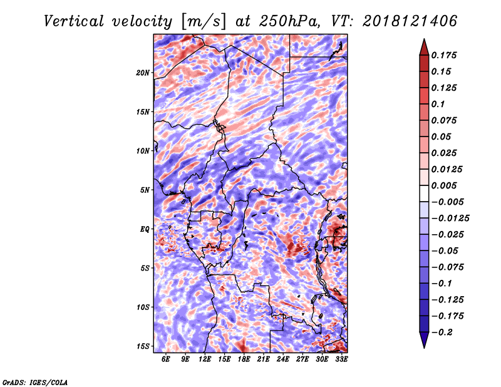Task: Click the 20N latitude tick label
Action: [143, 73]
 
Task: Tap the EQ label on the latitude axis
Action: [145, 229]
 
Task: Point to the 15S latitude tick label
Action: [143, 346]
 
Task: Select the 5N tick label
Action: [145, 190]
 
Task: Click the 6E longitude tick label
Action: [165, 359]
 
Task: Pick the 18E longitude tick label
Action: [244, 359]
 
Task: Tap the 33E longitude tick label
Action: [341, 359]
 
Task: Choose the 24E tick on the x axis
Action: [283, 359]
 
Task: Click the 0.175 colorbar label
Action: [444, 55]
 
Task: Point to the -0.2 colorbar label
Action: [442, 333]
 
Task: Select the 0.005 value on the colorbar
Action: [444, 185]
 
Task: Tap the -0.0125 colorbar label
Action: [450, 219]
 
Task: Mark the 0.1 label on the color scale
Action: [438, 104]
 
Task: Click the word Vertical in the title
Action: [74, 21]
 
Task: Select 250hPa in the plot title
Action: [289, 21]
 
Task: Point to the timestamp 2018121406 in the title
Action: [410, 21]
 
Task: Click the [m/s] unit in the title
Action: [204, 22]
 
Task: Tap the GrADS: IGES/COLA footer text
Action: [35, 382]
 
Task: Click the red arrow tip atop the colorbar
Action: [424, 39]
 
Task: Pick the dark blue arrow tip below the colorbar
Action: [424, 348]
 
